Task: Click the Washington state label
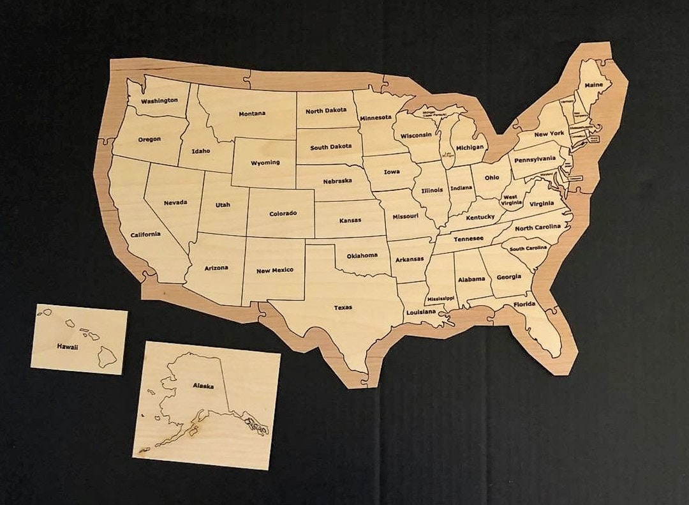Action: click(x=159, y=101)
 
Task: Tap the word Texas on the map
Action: click(x=343, y=308)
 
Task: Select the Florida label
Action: click(x=524, y=305)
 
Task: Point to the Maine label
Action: click(x=593, y=85)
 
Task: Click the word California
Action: click(x=145, y=234)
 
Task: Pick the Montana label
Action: click(x=252, y=114)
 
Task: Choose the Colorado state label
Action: click(x=283, y=213)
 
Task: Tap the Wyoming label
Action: click(x=265, y=162)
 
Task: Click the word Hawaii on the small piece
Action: click(x=67, y=347)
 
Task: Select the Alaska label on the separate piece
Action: click(x=203, y=386)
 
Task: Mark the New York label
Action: click(x=549, y=133)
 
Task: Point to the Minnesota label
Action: click(x=375, y=117)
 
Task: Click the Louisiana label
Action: click(x=420, y=312)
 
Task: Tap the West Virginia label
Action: click(x=510, y=200)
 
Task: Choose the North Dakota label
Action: click(x=326, y=110)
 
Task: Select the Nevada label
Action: click(x=175, y=202)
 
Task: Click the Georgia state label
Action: click(x=508, y=277)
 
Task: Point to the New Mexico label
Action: click(x=275, y=270)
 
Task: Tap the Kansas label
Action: click(x=350, y=220)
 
